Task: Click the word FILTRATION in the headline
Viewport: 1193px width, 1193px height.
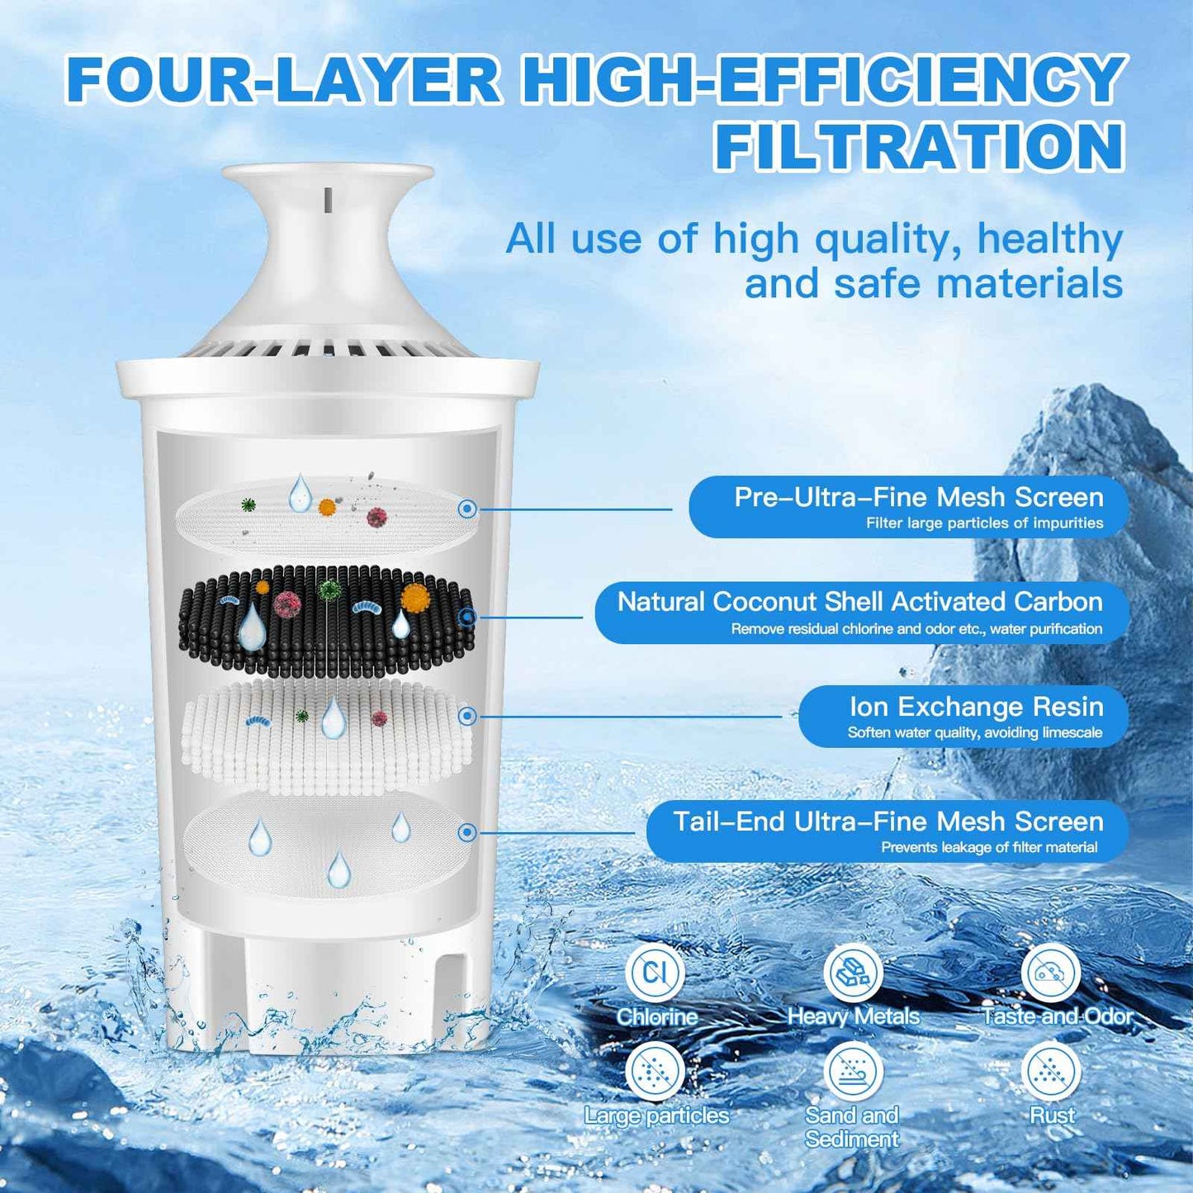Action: tap(919, 146)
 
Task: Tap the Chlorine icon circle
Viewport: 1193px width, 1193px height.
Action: tap(655, 972)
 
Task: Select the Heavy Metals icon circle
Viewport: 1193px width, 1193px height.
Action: tap(853, 972)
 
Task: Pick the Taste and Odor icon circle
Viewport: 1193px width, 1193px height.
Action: tap(1051, 972)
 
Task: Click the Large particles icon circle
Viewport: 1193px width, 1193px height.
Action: tap(655, 1072)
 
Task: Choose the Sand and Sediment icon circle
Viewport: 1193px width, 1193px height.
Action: tap(853, 1072)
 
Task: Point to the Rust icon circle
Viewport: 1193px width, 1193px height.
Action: tap(1051, 1072)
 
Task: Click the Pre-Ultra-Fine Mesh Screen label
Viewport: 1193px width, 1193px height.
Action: tap(918, 497)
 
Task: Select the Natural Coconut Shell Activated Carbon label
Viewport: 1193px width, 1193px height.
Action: tap(859, 602)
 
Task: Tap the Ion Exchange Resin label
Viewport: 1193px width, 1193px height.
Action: tap(976, 707)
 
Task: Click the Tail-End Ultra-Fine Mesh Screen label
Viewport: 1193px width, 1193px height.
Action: tap(888, 821)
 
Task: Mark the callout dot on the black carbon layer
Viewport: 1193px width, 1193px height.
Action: tap(467, 617)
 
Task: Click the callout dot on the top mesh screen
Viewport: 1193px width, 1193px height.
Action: tap(467, 509)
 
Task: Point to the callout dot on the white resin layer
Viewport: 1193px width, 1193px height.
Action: tap(467, 716)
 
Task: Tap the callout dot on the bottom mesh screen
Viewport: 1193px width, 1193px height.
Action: tap(467, 832)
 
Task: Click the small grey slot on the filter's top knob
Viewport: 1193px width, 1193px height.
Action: tap(328, 198)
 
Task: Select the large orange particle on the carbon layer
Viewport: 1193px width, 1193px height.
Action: tap(414, 597)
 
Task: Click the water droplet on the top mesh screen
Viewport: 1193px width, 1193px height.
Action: tap(299, 493)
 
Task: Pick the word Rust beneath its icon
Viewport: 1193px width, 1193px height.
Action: tap(1052, 1115)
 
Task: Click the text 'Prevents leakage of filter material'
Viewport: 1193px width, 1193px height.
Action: tap(989, 847)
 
